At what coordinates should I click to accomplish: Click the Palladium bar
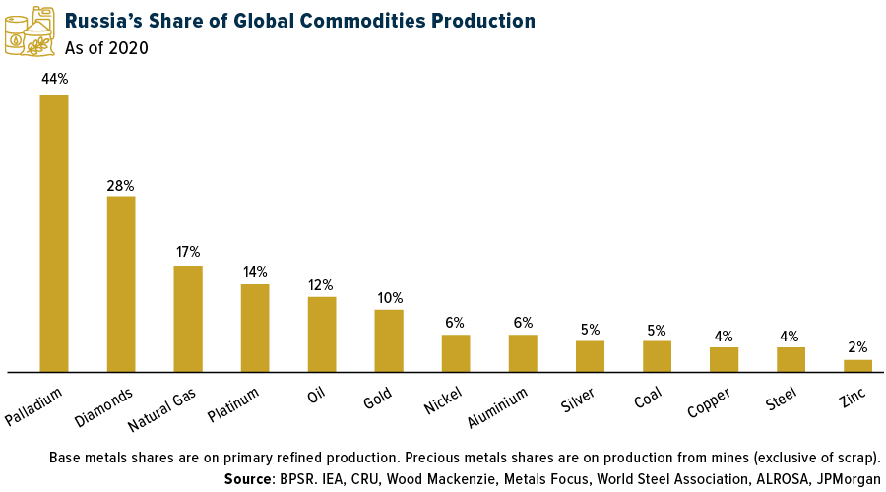[54, 233]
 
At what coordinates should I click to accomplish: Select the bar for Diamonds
[121, 283]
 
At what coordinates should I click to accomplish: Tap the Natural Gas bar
[188, 318]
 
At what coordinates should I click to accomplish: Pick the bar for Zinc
[857, 365]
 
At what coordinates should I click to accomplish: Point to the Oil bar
[322, 334]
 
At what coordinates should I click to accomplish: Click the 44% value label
[54, 78]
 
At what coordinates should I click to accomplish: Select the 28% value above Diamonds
[121, 185]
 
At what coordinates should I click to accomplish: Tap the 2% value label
[857, 347]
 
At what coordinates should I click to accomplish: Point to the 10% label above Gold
[389, 298]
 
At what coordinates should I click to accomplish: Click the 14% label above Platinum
[255, 272]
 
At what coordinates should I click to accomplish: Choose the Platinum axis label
[234, 402]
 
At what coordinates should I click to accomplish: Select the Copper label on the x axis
[709, 401]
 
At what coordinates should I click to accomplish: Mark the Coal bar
[657, 356]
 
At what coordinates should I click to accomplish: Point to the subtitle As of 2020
[107, 48]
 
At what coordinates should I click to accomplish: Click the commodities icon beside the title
[30, 31]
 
